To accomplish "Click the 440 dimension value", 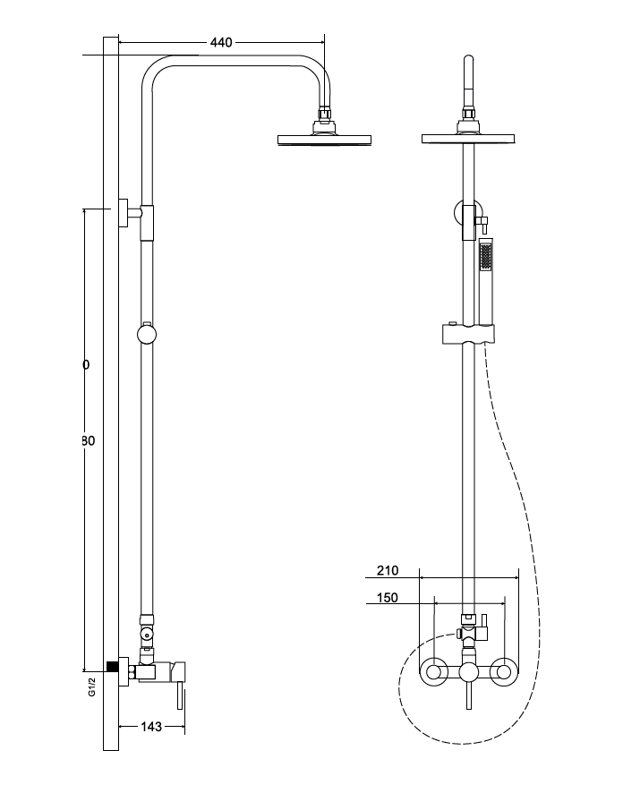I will (x=221, y=42).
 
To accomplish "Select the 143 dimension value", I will (x=152, y=727).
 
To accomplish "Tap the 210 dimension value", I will (x=388, y=570).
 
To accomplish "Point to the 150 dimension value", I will (x=388, y=598).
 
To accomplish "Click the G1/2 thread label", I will (x=91, y=687).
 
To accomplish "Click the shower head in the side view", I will (x=324, y=139).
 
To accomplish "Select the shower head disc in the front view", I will (x=468, y=138).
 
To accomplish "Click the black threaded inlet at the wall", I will (x=112, y=667).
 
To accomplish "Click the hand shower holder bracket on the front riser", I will (x=467, y=335).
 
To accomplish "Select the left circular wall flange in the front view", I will (x=435, y=671).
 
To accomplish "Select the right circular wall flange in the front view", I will (x=505, y=671).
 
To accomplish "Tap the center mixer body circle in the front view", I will (x=469, y=674).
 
